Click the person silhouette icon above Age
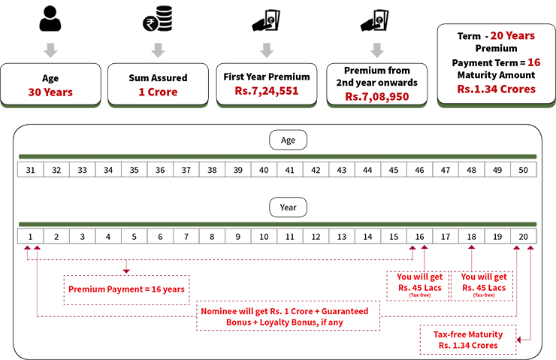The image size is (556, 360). point(50,20)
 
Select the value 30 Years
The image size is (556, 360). point(51,92)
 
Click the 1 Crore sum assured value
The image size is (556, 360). point(157,92)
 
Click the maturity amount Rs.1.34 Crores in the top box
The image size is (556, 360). point(496,89)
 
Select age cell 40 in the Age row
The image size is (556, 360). point(264,170)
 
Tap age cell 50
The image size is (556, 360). point(523,170)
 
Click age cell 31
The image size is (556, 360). point(31,170)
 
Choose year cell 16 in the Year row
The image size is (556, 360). point(419,237)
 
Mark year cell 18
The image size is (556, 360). point(471,237)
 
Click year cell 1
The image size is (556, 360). point(31,237)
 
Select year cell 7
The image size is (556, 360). point(186,237)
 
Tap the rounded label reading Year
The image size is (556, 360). point(289,207)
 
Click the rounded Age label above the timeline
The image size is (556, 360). point(289,140)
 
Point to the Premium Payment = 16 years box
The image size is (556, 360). point(126,289)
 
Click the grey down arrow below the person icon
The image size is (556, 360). point(50,50)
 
